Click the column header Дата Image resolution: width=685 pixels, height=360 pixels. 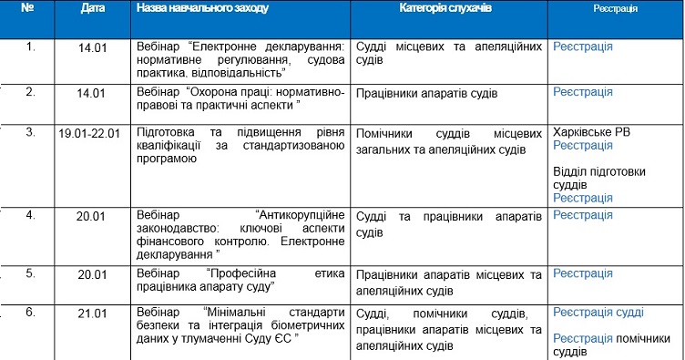[92, 7]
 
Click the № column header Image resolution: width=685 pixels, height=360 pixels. [28, 7]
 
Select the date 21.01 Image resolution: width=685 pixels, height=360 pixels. [92, 313]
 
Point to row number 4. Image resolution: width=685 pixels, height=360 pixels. [30, 216]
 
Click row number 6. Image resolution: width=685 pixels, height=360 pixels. [30, 313]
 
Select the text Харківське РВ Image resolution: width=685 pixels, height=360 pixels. [591, 132]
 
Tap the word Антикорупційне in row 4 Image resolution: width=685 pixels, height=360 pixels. [302, 216]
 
